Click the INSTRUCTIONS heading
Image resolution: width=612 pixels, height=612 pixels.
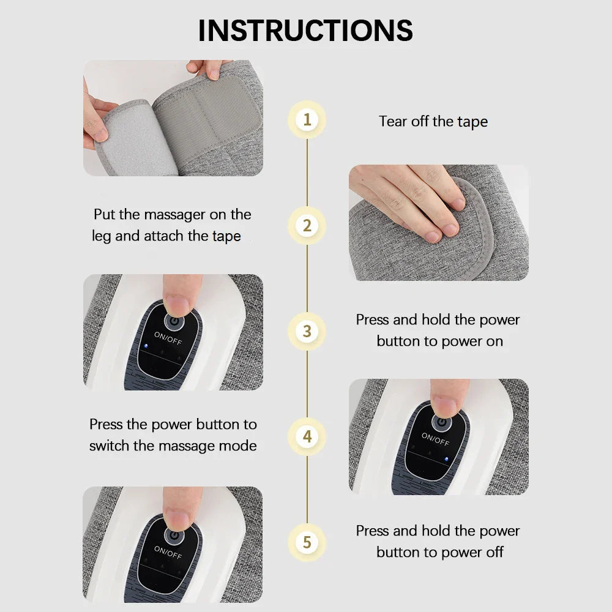305,31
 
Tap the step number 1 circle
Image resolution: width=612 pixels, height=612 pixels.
307,119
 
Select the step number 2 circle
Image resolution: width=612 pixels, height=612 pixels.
307,226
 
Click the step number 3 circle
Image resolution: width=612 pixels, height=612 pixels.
307,331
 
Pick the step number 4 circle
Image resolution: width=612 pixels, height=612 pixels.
307,437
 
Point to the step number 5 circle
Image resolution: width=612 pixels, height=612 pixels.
307,542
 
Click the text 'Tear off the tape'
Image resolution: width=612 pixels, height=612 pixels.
433,121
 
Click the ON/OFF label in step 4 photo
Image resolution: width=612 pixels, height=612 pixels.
435,439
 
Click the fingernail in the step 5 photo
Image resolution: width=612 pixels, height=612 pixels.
179,518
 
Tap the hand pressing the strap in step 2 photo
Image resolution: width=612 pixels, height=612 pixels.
410,196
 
